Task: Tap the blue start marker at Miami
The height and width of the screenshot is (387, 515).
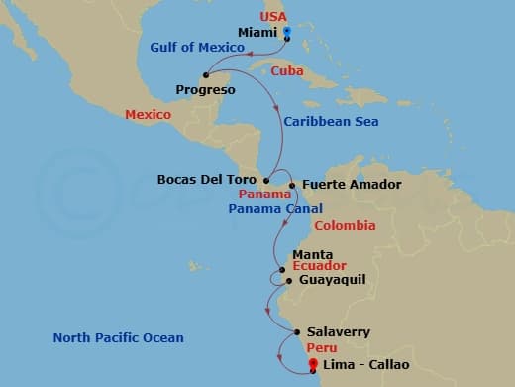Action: click(287, 33)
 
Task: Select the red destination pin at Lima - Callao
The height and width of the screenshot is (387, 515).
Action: click(314, 364)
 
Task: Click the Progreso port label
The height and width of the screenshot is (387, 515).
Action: click(205, 90)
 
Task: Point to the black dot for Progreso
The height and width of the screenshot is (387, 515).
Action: click(206, 74)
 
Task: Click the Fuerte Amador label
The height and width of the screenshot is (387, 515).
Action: click(338, 184)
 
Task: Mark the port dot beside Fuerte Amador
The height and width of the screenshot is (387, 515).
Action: click(292, 185)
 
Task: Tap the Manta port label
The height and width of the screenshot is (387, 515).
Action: click(312, 254)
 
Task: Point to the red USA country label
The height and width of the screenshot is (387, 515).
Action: click(273, 17)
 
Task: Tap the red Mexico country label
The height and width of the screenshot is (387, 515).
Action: click(148, 115)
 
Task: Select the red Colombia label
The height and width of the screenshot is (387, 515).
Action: click(345, 226)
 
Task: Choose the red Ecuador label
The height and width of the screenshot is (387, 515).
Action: click(320, 266)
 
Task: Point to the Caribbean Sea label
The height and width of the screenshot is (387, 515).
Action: click(330, 122)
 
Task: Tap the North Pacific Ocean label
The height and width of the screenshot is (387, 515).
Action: click(118, 338)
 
